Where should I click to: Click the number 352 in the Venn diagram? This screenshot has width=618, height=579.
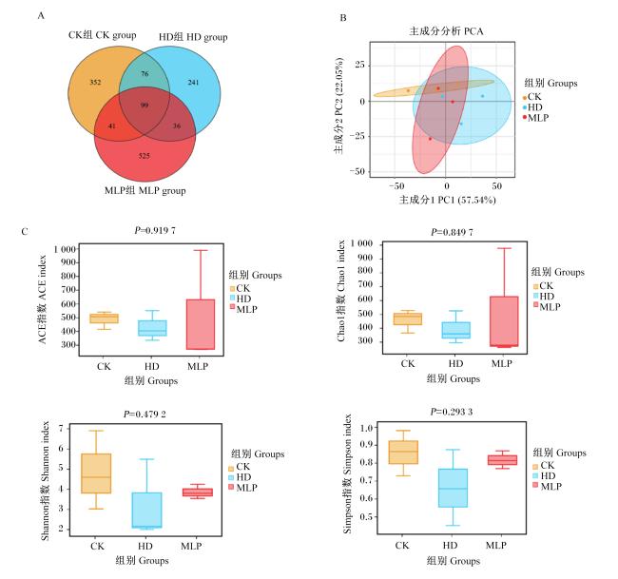[x=95, y=83]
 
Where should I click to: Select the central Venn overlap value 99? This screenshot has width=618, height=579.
[x=145, y=106]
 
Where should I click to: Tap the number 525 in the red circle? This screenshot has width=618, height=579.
[x=145, y=156]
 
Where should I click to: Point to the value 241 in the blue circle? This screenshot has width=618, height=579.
[x=193, y=83]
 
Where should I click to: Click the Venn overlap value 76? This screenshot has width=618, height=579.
[x=145, y=74]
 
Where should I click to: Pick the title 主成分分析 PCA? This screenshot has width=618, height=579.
[x=446, y=31]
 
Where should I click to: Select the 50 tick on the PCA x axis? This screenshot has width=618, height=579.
[x=496, y=186]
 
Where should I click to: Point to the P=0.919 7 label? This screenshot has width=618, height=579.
[x=155, y=230]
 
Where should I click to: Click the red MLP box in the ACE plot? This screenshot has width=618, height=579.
[x=201, y=324]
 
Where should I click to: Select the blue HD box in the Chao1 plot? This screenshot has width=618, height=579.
[x=456, y=330]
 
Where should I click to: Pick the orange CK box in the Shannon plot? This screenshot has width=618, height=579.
[x=96, y=473]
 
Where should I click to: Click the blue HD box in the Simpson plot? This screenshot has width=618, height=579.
[x=453, y=488]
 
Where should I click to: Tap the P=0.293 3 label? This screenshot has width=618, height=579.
[x=452, y=412]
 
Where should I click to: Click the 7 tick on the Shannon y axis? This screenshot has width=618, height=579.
[x=61, y=428]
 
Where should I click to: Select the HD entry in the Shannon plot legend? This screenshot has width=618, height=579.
[x=240, y=477]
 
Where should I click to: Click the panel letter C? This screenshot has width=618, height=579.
[x=25, y=231]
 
